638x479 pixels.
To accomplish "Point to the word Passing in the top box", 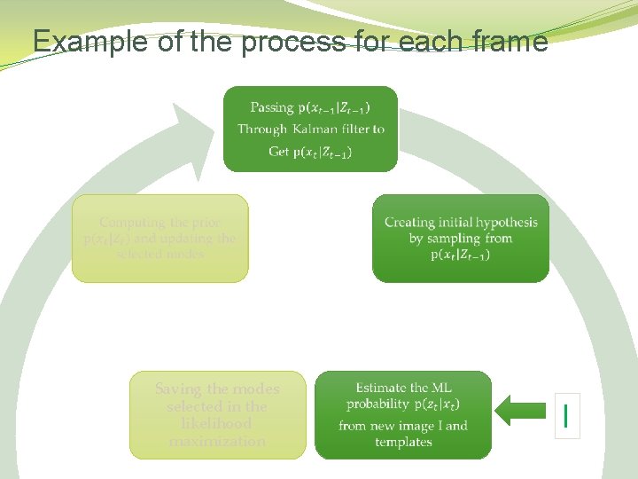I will point(271,107).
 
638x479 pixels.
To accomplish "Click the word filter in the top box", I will point(354,130).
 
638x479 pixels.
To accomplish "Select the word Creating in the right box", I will point(409,222).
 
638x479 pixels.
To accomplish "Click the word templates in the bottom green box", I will point(403,442).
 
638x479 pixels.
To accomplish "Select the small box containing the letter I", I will point(566,415).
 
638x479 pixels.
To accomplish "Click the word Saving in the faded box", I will point(178,389).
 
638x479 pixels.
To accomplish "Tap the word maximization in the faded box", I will point(217,441).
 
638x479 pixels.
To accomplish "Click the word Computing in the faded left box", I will point(136,223).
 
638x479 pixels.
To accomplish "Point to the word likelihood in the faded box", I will point(217,424).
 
